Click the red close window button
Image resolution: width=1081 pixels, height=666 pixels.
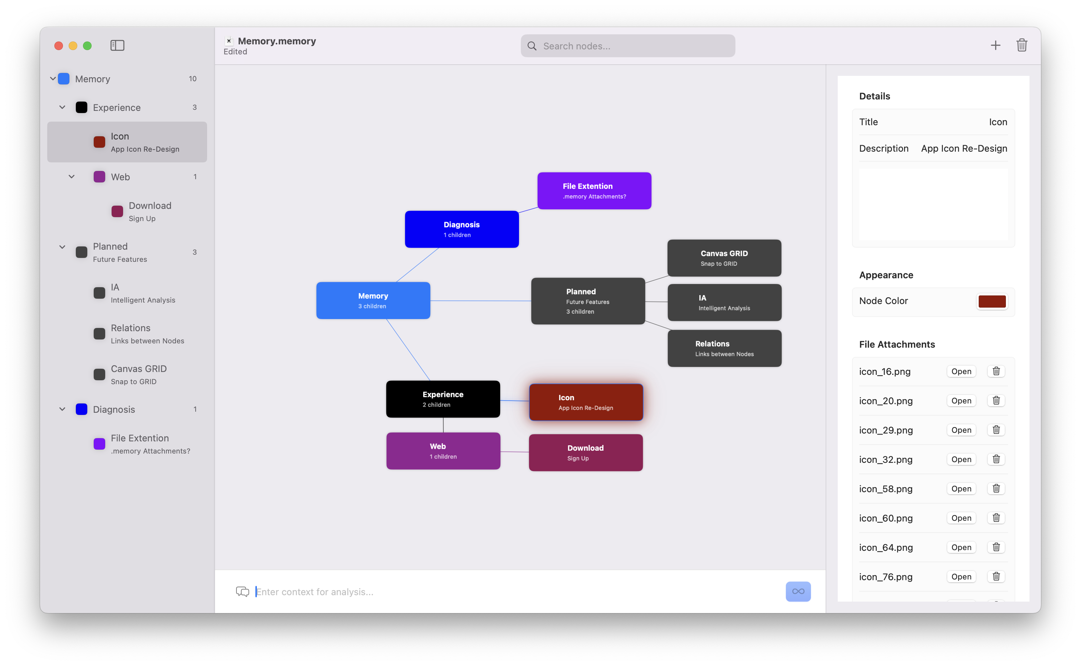coord(59,46)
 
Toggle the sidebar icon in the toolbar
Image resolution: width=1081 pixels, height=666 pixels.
coord(117,45)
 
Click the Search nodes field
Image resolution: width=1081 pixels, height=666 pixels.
coord(627,46)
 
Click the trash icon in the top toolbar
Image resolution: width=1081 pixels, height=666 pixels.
coord(1022,45)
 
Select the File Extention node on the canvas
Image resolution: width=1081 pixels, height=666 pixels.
coord(594,191)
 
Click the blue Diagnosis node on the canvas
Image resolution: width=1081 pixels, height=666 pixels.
coord(462,229)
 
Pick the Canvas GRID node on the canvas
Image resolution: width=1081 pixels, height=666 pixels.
coord(724,258)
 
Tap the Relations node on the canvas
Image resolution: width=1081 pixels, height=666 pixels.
coord(725,348)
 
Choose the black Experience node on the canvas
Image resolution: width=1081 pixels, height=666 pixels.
coord(443,399)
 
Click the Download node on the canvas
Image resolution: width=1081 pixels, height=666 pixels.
coord(586,453)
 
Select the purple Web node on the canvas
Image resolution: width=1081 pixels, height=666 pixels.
coord(443,451)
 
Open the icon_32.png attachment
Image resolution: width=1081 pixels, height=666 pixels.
coord(961,459)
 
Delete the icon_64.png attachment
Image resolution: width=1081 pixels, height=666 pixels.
coord(996,547)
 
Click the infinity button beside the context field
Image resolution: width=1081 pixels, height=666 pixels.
coord(798,592)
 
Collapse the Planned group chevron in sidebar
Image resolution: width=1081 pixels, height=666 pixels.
coord(62,247)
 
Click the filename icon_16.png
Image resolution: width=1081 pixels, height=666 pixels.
coord(885,371)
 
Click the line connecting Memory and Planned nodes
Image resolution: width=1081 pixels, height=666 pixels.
coord(481,301)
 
